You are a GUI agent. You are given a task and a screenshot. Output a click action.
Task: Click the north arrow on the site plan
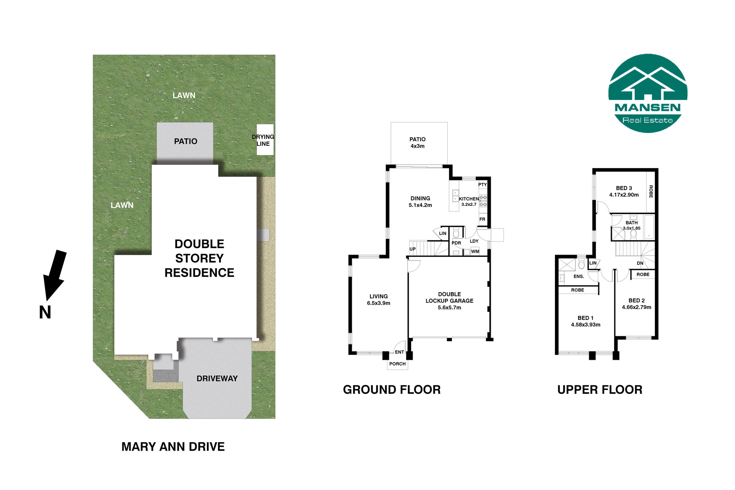pos(54,275)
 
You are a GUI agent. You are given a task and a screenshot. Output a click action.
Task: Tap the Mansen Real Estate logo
pos(648,93)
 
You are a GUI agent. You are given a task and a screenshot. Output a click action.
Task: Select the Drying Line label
pos(263,140)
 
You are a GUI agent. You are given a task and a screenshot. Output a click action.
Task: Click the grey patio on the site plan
pos(185,143)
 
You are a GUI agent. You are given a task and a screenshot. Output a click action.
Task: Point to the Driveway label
pos(217,379)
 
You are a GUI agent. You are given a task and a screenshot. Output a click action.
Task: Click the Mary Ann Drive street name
pos(173,447)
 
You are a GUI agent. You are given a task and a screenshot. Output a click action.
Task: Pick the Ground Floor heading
pos(391,390)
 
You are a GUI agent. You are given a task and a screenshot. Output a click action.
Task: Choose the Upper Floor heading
pos(600,390)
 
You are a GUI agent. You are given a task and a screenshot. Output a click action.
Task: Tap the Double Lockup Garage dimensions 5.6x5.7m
pos(449,308)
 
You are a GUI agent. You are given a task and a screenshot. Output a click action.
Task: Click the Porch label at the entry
pos(397,364)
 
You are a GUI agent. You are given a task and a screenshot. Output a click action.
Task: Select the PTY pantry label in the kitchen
pos(483,185)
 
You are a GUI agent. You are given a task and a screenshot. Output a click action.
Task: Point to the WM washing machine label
pos(475,251)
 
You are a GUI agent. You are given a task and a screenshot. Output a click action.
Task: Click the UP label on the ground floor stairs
pos(413,249)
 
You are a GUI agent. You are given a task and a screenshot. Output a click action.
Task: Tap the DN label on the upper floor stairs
pos(640,263)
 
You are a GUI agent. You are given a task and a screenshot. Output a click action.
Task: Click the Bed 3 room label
pos(624,188)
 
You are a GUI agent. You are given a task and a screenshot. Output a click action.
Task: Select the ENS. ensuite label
pos(579,276)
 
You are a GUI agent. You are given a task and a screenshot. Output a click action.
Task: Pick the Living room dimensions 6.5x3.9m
pos(379,303)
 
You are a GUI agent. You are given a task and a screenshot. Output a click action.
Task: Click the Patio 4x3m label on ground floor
pos(417,143)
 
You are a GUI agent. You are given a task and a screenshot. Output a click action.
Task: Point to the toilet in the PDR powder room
pos(456,233)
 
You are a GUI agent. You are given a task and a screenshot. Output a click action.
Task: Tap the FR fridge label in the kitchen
pos(482,219)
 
